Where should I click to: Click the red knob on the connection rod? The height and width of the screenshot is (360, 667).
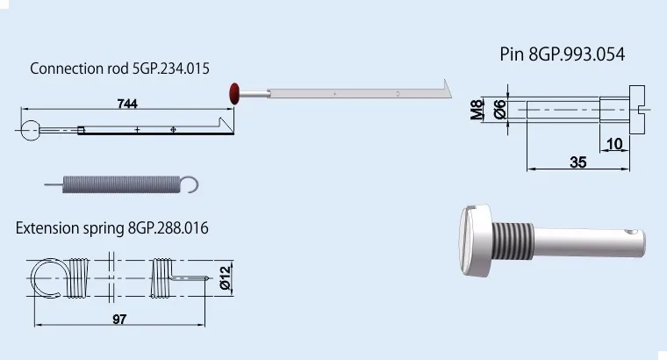click(x=234, y=94)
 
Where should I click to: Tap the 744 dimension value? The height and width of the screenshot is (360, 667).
click(x=127, y=104)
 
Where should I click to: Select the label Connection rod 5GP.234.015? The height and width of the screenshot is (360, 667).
click(x=119, y=68)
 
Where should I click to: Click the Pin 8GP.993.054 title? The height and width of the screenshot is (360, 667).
click(x=562, y=54)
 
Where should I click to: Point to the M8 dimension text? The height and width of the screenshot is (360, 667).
click(x=477, y=110)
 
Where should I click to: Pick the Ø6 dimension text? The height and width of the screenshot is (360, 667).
click(x=499, y=110)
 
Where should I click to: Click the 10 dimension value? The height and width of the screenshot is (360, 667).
click(x=614, y=144)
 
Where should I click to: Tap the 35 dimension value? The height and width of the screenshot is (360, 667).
click(x=578, y=162)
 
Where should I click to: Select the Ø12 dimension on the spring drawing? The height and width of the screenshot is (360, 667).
click(x=225, y=277)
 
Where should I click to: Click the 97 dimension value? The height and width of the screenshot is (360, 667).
click(x=119, y=319)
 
